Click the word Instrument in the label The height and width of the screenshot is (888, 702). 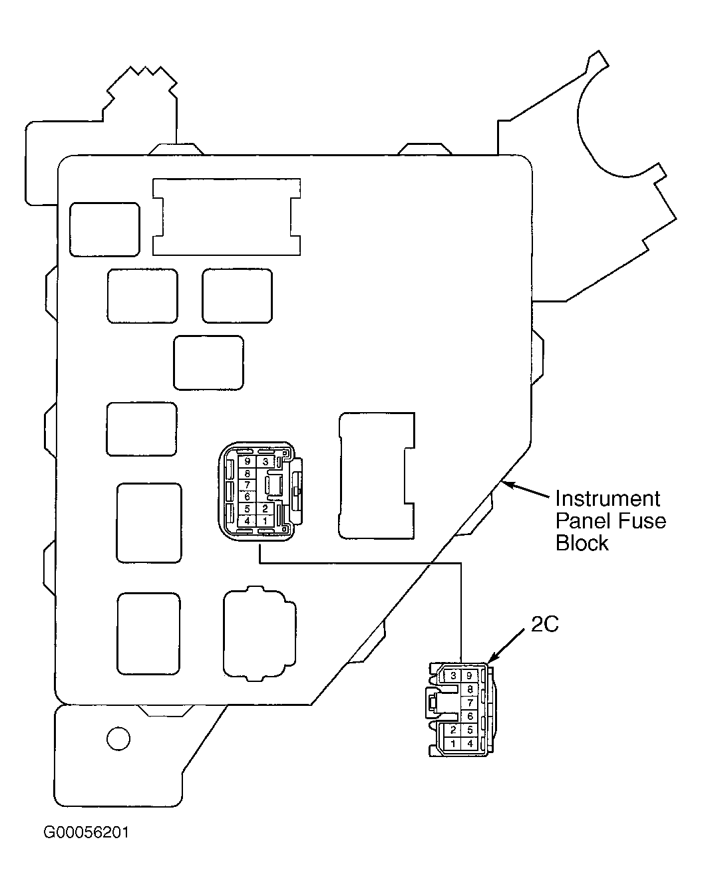pos(608,499)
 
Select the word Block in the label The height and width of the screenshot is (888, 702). pos(582,542)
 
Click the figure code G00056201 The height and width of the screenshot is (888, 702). pos(87,832)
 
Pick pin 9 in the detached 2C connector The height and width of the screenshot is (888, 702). pos(469,676)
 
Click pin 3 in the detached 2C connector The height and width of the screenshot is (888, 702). pos(453,676)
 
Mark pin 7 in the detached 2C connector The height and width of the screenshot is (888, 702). pos(469,703)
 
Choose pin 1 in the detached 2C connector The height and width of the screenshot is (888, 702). pos(453,743)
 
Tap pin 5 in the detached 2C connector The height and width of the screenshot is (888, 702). pos(469,730)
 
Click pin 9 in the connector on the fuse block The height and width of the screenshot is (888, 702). pos(248,461)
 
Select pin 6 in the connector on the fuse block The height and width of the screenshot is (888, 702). pos(248,497)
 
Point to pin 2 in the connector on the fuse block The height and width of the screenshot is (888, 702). pos(265,508)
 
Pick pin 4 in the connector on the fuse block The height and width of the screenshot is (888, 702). pos(248,520)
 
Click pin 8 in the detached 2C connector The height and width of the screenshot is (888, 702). pos(469,689)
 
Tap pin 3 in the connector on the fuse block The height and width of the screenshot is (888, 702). pos(265,461)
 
